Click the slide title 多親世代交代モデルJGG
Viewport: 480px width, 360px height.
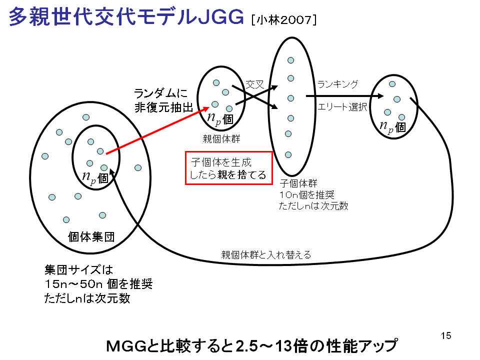[x=126, y=16]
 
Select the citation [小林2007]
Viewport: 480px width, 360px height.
[x=284, y=20]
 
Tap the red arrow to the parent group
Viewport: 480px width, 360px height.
[x=157, y=130]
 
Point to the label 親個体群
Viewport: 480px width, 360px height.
[x=221, y=139]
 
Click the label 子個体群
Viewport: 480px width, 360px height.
[x=298, y=183]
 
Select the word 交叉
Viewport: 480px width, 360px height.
[x=255, y=84]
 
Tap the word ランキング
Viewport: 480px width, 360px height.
[x=337, y=84]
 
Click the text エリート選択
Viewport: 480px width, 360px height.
[x=342, y=106]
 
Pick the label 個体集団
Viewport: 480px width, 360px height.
[x=91, y=236]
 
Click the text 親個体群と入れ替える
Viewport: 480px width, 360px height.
[x=266, y=254]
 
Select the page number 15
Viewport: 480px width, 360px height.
[x=446, y=336]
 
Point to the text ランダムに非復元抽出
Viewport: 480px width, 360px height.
[x=164, y=100]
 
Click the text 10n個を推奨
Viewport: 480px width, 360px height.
[x=306, y=194]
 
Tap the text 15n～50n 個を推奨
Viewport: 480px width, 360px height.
[x=98, y=284]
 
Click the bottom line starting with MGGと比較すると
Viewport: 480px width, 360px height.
[x=251, y=346]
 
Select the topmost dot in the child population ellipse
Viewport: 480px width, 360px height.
[x=291, y=60]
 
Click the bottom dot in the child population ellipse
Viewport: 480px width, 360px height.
[x=288, y=155]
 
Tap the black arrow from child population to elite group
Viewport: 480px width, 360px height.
[x=344, y=96]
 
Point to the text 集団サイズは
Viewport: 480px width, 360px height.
[x=78, y=270]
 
